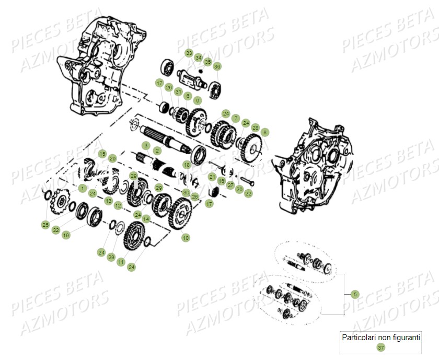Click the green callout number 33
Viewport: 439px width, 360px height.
point(189,53)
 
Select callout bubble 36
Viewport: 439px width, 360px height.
point(217,66)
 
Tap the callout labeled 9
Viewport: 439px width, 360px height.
point(197,100)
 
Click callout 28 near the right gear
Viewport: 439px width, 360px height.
point(255,127)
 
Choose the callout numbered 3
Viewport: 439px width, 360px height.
point(146,145)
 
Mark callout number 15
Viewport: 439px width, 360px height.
point(102,154)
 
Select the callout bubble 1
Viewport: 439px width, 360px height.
point(82,187)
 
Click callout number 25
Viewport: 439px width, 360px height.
point(45,225)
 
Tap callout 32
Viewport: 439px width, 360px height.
point(56,230)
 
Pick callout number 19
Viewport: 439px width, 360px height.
point(66,236)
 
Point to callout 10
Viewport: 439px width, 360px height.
point(186,238)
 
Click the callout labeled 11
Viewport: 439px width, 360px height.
point(121,262)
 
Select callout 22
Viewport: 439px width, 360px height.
point(248,193)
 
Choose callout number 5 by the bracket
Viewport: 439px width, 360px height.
point(355,294)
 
